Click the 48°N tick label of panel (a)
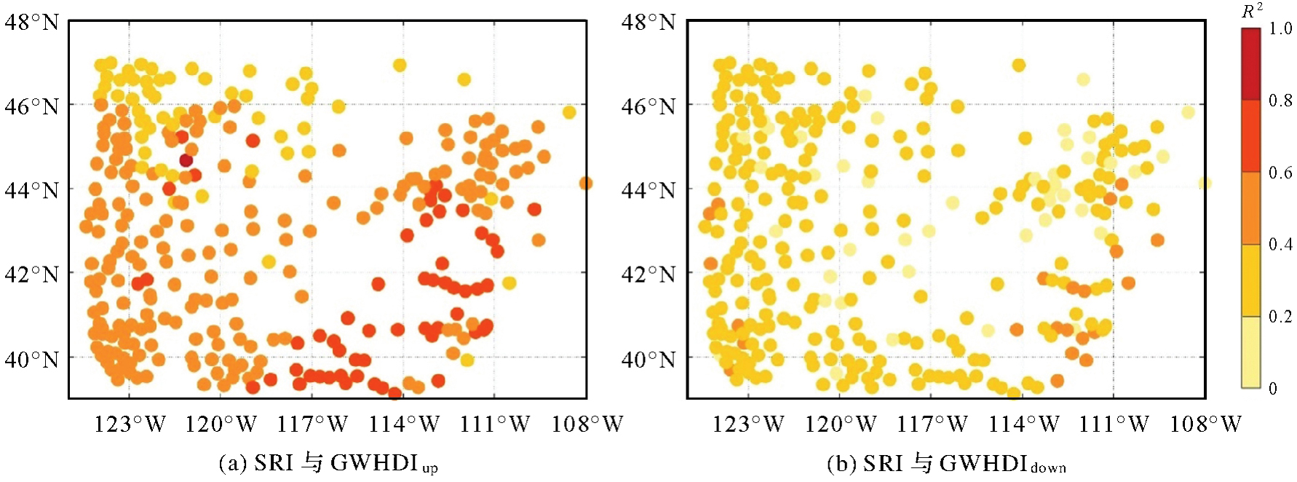pos(31,23)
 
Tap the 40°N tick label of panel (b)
pos(648,359)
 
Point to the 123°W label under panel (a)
pos(130,424)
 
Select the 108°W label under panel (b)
pos(1205,424)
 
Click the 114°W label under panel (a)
pos(405,424)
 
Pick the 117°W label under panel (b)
pos(932,424)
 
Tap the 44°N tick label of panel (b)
pos(648,191)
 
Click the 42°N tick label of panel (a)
pos(31,275)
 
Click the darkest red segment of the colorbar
pos(1250,63)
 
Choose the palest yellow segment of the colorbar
pos(1250,352)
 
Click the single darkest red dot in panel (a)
pos(186,160)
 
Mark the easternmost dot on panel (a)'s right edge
pos(585,183)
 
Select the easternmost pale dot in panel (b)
pos(1205,183)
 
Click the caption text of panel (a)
pos(328,464)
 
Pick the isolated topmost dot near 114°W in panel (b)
pos(1018,66)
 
